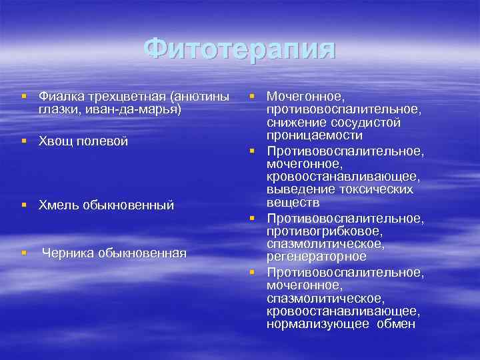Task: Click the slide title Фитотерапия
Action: (x=239, y=49)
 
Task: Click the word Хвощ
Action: (x=55, y=141)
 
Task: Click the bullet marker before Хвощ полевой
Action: (x=24, y=141)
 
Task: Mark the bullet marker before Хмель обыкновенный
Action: (x=24, y=205)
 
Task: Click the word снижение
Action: (x=293, y=122)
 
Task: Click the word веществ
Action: (x=288, y=202)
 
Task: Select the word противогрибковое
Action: (x=324, y=231)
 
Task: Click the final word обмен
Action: (x=396, y=324)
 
